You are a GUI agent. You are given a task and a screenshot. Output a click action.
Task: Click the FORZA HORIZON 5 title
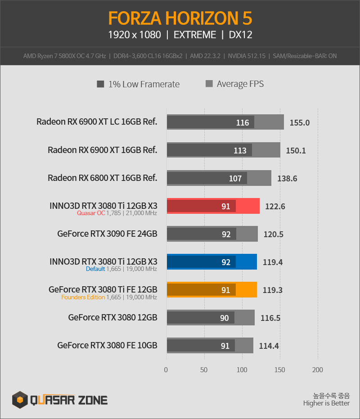(x=180, y=18)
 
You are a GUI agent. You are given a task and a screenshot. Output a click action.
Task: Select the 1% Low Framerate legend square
(x=100, y=84)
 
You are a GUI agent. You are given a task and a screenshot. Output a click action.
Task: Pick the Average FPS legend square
(x=209, y=84)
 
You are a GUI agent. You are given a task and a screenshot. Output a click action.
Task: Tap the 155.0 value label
(x=300, y=123)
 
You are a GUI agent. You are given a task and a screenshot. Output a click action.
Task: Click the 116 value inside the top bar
(x=243, y=123)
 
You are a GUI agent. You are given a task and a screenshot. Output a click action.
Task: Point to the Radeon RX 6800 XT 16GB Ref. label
(x=102, y=178)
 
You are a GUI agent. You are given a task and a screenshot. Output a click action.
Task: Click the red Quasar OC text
(x=91, y=213)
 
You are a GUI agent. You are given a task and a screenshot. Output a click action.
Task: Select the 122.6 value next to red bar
(x=275, y=206)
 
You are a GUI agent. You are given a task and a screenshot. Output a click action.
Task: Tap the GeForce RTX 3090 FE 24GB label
(x=107, y=234)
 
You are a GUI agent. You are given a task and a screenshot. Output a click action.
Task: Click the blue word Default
(x=95, y=269)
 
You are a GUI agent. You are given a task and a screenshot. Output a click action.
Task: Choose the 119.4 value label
(x=273, y=262)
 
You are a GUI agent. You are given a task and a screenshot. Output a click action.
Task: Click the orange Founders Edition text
(x=83, y=297)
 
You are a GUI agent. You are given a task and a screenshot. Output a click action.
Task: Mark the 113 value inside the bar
(x=240, y=150)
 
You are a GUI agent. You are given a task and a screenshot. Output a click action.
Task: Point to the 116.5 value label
(x=270, y=318)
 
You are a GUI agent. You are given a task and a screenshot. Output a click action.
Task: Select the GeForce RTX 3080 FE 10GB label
(x=107, y=345)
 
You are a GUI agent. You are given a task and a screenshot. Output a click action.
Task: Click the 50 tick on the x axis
(x=204, y=370)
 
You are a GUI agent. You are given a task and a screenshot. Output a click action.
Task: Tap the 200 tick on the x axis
(x=318, y=370)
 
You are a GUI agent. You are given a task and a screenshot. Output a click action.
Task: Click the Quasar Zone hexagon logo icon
(x=20, y=400)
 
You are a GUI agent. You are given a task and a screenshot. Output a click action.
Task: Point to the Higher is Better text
(x=326, y=403)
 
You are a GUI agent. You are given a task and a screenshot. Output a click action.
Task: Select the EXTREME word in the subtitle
(x=195, y=35)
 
